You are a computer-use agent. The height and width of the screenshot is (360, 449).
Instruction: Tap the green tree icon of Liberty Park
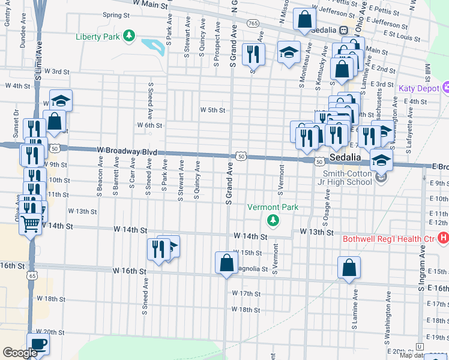[x=128, y=37]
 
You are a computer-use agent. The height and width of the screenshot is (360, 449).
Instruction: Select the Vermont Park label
[x=273, y=207]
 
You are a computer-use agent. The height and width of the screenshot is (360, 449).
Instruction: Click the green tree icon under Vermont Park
[x=273, y=220]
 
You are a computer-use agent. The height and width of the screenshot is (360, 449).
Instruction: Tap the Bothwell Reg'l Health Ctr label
[x=388, y=239]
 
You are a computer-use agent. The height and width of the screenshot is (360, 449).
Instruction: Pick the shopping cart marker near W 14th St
[x=31, y=225]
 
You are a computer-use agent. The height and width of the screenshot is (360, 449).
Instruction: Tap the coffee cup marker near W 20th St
[x=38, y=344]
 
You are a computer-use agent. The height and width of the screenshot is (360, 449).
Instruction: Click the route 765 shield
[x=253, y=23]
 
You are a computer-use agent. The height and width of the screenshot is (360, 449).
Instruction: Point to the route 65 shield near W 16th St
[x=33, y=275]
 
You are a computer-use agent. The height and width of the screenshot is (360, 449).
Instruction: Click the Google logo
[x=20, y=353]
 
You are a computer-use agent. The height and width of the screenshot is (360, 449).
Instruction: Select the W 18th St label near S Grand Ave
[x=246, y=310]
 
